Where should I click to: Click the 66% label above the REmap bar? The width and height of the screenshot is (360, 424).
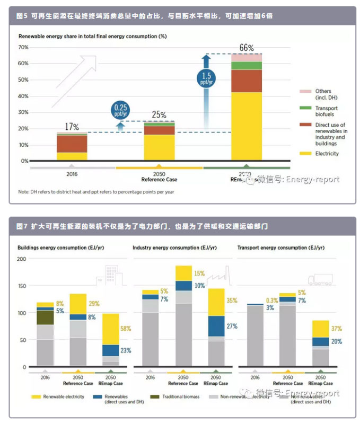pyautogui.click(x=247, y=48)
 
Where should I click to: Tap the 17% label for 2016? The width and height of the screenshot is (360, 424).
pyautogui.click(x=72, y=127)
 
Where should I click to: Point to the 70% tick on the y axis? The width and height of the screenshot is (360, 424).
pyautogui.click(x=23, y=47)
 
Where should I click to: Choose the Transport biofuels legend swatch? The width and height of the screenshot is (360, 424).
pyautogui.click(x=305, y=108)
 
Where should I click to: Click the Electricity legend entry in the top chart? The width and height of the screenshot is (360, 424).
pyautogui.click(x=327, y=154)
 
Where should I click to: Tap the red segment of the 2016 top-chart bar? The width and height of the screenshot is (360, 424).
pyautogui.click(x=72, y=144)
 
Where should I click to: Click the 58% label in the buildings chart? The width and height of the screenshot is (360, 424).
pyautogui.click(x=125, y=329)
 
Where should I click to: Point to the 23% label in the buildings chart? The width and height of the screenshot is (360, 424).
pyautogui.click(x=125, y=350)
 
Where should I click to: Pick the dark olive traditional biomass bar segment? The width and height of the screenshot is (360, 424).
pyautogui.click(x=45, y=317)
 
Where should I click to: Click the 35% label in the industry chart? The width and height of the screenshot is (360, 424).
pyautogui.click(x=231, y=301)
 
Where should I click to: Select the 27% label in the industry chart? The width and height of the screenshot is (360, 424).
pyautogui.click(x=231, y=326)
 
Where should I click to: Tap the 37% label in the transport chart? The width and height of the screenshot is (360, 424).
pyautogui.click(x=337, y=329)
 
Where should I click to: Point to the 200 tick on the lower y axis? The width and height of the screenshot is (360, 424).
pyautogui.click(x=21, y=259)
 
